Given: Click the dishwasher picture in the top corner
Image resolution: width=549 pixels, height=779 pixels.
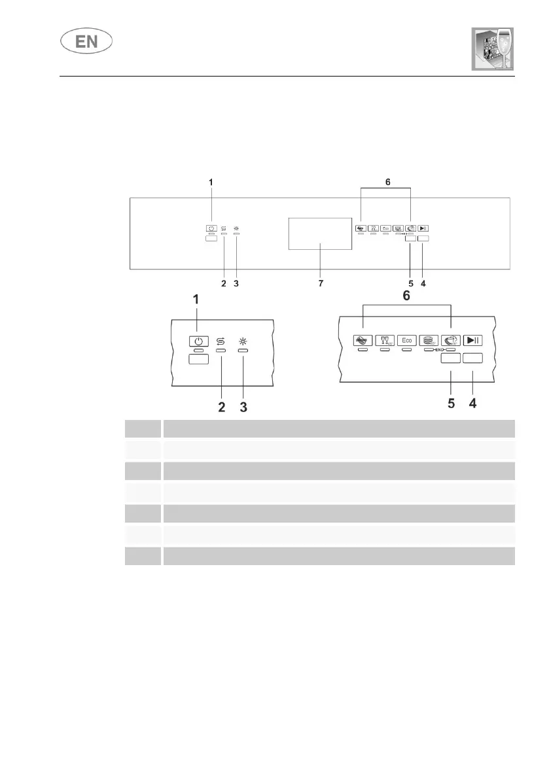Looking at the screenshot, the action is [489, 49].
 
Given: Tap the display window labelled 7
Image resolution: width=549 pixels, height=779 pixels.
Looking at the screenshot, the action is [319, 234].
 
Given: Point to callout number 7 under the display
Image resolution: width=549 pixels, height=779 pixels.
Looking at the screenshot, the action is [319, 284].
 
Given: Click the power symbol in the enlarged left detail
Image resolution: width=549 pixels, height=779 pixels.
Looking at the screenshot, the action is [199, 341].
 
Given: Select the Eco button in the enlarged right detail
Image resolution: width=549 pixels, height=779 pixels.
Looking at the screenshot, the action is [406, 340].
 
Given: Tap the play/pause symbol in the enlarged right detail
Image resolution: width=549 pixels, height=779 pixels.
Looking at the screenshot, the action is [473, 340].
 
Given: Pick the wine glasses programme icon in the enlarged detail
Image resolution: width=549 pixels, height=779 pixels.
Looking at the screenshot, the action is [384, 340].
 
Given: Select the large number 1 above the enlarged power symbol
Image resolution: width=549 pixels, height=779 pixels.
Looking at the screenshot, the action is [195, 300].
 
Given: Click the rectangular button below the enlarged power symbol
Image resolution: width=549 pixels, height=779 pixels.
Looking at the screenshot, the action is [199, 358].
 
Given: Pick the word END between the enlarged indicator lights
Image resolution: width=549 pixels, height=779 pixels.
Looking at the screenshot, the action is [440, 351].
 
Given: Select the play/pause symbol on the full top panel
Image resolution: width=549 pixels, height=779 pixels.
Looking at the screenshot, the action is [423, 228].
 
